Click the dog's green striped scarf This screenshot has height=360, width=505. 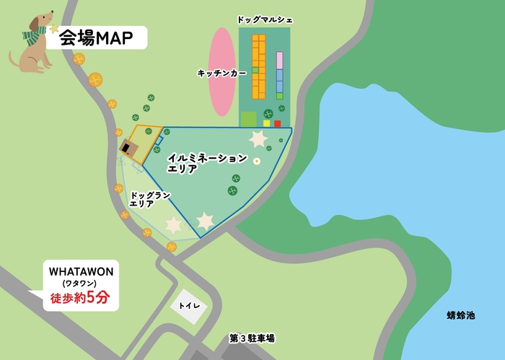33,35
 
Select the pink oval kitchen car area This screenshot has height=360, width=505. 221,72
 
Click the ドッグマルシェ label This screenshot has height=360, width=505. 265,19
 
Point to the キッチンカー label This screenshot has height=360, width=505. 221,73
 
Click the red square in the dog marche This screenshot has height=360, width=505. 277,123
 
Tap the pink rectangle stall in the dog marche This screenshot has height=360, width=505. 280,61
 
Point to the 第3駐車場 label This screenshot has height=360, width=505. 252,338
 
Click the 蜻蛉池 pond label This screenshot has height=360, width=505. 461,315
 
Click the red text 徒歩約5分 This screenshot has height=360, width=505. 79,298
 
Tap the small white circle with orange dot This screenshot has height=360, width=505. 256,161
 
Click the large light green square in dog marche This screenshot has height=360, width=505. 248,119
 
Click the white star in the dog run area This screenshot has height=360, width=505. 173,226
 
